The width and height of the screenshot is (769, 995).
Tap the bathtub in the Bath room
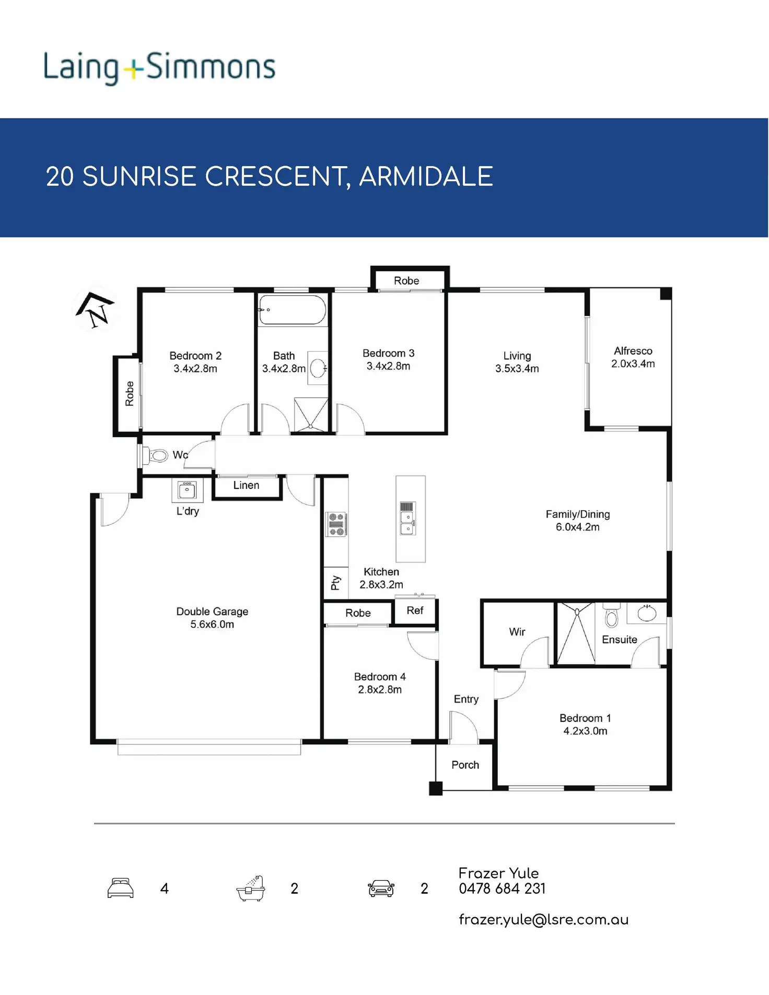pyautogui.click(x=293, y=310)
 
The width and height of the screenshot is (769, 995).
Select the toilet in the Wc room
pyautogui.click(x=157, y=455)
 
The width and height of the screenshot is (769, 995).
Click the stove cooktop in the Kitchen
pyautogui.click(x=336, y=524)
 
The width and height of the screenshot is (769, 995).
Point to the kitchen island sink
pyautogui.click(x=407, y=523)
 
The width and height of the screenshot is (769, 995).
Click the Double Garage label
pyautogui.click(x=212, y=612)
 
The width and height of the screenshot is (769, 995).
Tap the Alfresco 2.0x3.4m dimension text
pyautogui.click(x=633, y=364)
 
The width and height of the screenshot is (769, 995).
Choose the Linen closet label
pyautogui.click(x=246, y=485)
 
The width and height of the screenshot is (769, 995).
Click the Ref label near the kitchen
pyautogui.click(x=415, y=611)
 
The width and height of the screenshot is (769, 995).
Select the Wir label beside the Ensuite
pyautogui.click(x=517, y=632)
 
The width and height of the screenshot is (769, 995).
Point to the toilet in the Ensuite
pyautogui.click(x=611, y=616)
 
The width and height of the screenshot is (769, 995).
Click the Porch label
pyautogui.click(x=465, y=765)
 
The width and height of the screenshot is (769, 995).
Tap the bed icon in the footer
pyautogui.click(x=121, y=888)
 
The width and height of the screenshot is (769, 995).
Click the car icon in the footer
pyautogui.click(x=381, y=888)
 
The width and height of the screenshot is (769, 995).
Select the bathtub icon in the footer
pyautogui.click(x=251, y=888)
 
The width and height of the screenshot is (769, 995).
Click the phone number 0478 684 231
pyautogui.click(x=502, y=888)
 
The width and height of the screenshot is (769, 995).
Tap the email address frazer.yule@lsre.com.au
pyautogui.click(x=543, y=920)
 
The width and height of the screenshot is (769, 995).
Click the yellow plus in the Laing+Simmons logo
pyautogui.click(x=134, y=69)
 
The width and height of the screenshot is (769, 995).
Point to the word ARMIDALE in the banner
pyautogui.click(x=426, y=177)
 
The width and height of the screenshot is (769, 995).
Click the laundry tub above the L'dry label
pyautogui.click(x=187, y=490)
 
